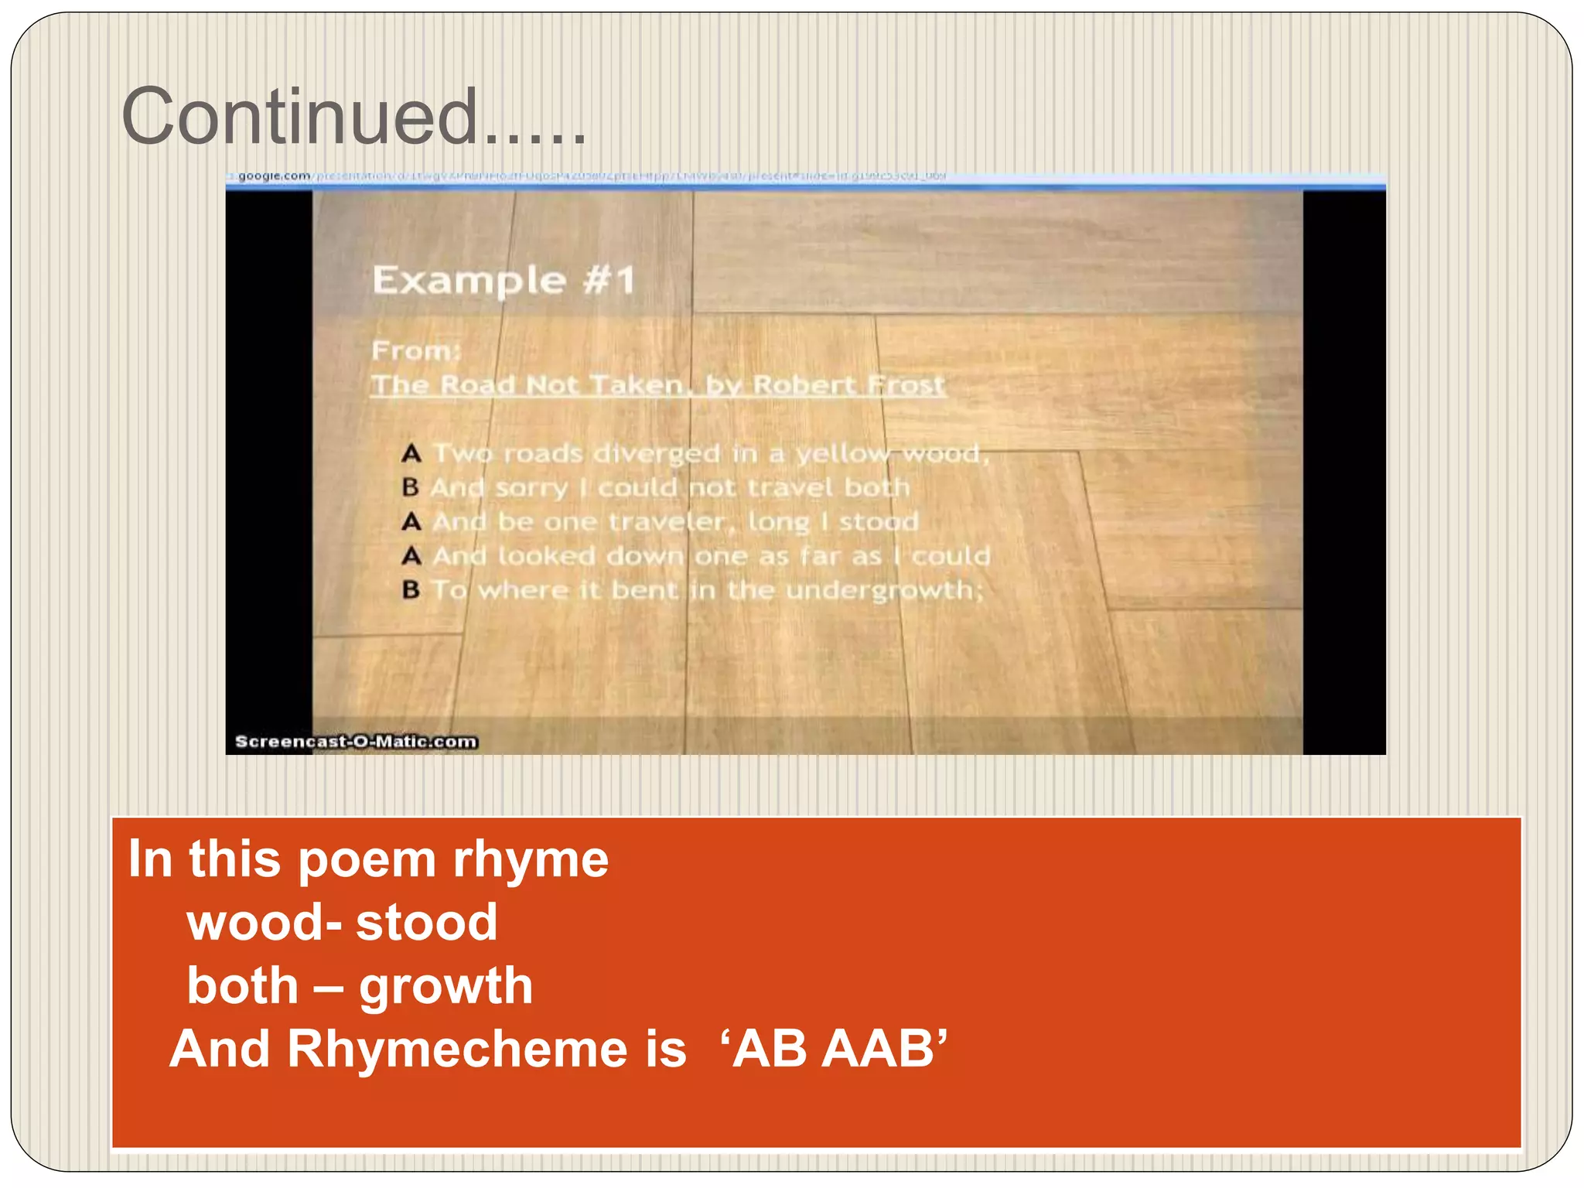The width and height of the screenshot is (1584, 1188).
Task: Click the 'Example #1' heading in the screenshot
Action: pos(504,280)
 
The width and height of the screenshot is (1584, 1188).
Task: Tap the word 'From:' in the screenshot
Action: pos(416,350)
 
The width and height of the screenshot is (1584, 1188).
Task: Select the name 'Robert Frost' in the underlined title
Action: pos(848,384)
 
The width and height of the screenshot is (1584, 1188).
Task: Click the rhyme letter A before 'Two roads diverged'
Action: pos(411,453)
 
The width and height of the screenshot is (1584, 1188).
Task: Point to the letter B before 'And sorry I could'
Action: pos(411,487)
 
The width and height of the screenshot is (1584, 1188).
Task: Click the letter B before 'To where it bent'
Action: pos(411,590)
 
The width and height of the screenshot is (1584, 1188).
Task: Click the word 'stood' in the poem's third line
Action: pos(879,521)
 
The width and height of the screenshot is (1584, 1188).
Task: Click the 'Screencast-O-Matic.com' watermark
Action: pos(356,742)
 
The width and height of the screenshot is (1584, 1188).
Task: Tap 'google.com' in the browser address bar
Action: pos(274,176)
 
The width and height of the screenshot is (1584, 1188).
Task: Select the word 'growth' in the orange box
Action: pos(445,985)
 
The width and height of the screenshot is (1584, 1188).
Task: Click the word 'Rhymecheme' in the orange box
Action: pos(486,1049)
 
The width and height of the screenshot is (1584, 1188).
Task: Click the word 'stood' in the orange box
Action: pos(426,922)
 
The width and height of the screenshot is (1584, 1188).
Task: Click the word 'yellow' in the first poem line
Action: pos(842,453)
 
